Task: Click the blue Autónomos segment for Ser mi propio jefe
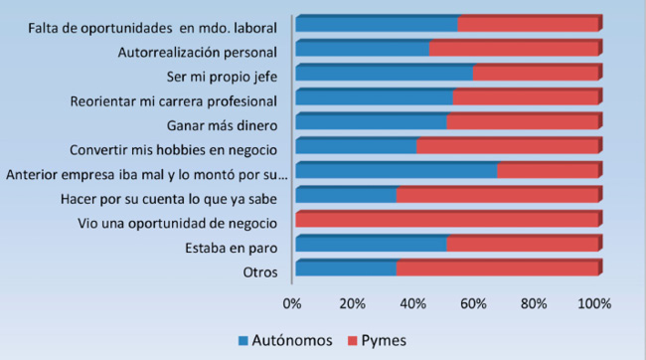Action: [384, 73]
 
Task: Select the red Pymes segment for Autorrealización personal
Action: [514, 48]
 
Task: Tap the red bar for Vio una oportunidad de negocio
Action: [447, 220]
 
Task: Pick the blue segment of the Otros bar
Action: [346, 269]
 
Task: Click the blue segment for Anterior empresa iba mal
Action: [396, 171]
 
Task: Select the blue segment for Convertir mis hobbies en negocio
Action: [356, 146]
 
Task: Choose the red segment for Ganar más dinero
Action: [523, 122]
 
